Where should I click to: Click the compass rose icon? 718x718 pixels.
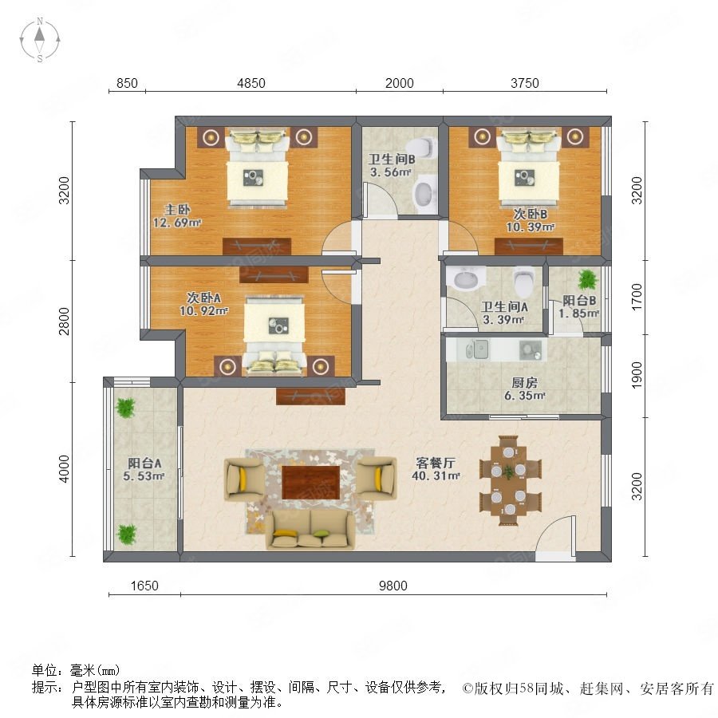click(x=40, y=40)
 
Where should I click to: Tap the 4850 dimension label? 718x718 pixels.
click(x=251, y=83)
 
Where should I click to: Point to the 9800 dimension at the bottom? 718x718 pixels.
click(x=393, y=586)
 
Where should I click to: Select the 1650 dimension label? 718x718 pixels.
click(x=144, y=586)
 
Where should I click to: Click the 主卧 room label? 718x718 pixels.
click(x=177, y=210)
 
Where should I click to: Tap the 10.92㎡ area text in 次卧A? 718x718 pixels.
click(x=203, y=311)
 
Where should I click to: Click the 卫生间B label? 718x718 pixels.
click(x=392, y=160)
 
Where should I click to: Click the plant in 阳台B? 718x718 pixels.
click(x=587, y=279)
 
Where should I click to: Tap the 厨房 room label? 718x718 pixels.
click(x=524, y=382)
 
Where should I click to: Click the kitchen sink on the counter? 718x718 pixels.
click(x=477, y=350)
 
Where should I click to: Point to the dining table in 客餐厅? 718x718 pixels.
click(x=509, y=481)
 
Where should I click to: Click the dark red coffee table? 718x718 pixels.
click(x=311, y=482)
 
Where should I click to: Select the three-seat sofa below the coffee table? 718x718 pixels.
click(x=311, y=530)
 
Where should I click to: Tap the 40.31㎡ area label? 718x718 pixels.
click(x=436, y=475)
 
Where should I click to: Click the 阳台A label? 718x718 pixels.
click(x=144, y=463)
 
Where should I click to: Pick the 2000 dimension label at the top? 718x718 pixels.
click(x=400, y=83)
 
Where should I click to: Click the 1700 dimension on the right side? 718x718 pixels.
click(x=637, y=298)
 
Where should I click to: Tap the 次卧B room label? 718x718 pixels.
click(x=531, y=214)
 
